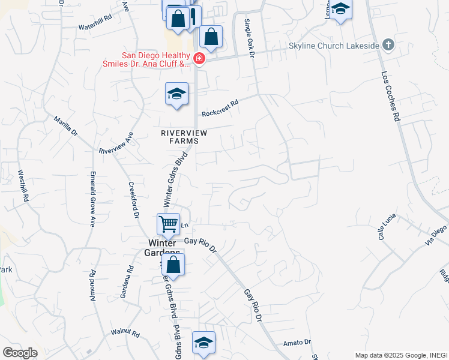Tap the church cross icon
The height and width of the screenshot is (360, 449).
click(x=388, y=45)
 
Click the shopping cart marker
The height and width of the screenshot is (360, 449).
click(x=169, y=224)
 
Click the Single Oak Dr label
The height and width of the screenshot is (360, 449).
click(x=250, y=37)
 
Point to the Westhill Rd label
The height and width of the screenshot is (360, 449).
click(x=23, y=185)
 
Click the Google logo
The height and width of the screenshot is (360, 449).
click(x=20, y=353)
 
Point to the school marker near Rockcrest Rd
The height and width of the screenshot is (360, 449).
click(x=177, y=94)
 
